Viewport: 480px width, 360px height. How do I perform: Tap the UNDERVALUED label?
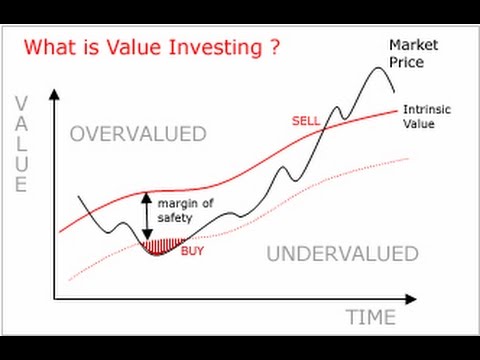[342, 254]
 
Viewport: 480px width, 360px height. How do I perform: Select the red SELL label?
[305, 120]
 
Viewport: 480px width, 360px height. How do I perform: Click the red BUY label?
[192, 251]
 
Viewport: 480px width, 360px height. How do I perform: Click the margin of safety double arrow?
[147, 214]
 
